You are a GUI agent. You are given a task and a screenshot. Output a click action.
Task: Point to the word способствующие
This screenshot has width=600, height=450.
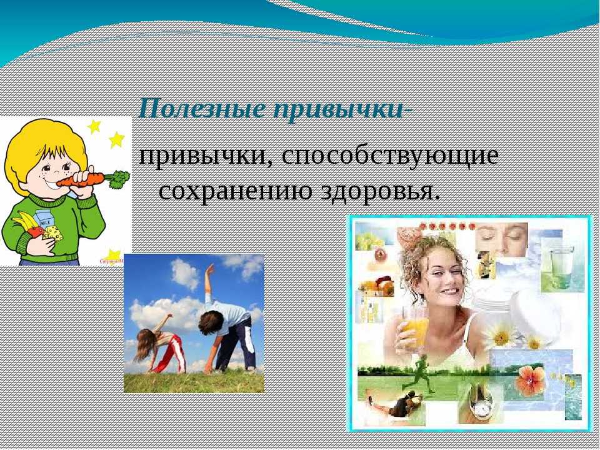point(390,157)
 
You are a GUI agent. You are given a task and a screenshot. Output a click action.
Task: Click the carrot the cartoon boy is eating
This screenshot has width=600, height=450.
point(92,179)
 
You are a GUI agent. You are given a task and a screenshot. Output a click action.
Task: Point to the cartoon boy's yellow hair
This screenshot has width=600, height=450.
point(44,144)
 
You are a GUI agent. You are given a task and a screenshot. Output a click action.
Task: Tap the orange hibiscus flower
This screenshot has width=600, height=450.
point(531,381)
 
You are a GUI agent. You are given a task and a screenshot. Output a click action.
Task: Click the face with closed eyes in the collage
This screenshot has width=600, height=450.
point(501,239)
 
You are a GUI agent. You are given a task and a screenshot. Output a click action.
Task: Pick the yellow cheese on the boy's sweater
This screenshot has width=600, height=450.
point(54,233)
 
